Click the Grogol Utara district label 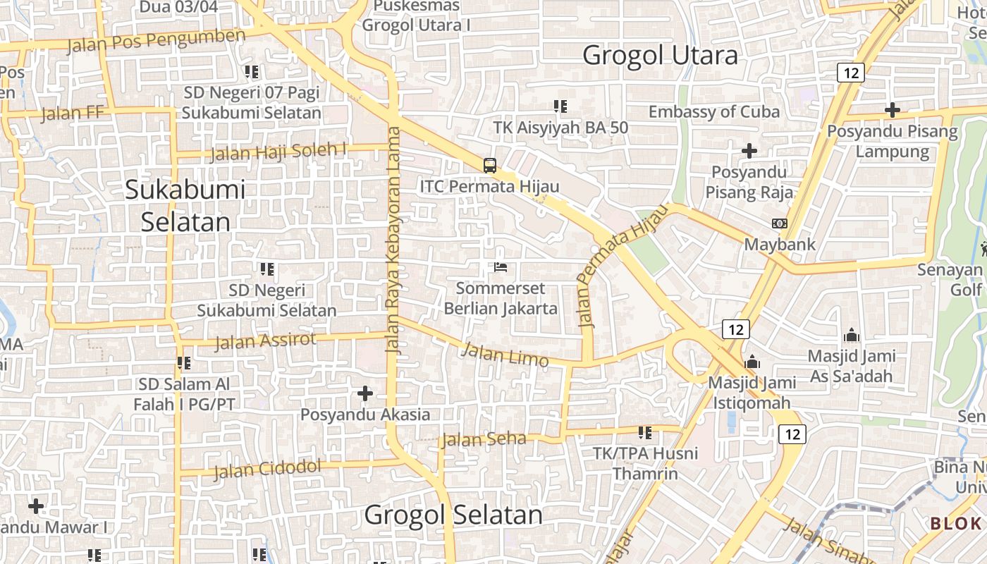pyautogui.click(x=660, y=55)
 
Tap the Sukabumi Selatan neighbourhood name pyautogui.click(x=185, y=205)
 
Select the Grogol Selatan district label pyautogui.click(x=453, y=515)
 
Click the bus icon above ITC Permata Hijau pyautogui.click(x=490, y=166)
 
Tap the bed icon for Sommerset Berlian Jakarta pyautogui.click(x=501, y=268)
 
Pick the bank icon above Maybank pyautogui.click(x=780, y=223)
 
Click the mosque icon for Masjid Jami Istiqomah pyautogui.click(x=752, y=362)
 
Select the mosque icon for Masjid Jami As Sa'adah pyautogui.click(x=852, y=335)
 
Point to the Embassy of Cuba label pyautogui.click(x=713, y=111)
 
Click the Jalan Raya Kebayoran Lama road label pyautogui.click(x=393, y=240)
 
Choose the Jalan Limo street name pyautogui.click(x=505, y=354)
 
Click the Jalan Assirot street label pyautogui.click(x=265, y=341)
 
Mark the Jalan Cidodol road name pyautogui.click(x=267, y=468)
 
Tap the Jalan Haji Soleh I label pyautogui.click(x=278, y=152)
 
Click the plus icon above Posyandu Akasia pyautogui.click(x=365, y=393)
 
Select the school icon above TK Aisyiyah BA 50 pyautogui.click(x=560, y=106)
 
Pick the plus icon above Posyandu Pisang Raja pyautogui.click(x=749, y=150)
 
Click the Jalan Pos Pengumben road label pyautogui.click(x=157, y=41)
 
